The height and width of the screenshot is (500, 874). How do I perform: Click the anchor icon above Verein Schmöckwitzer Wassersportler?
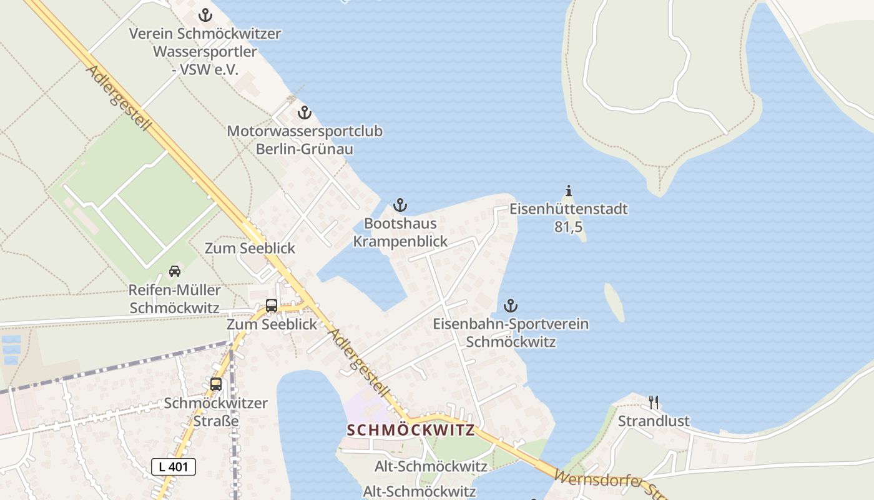coord(205,15)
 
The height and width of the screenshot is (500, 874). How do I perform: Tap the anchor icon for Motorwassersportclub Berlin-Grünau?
coord(304,113)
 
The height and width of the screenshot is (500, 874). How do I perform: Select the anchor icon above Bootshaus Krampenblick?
coord(400,205)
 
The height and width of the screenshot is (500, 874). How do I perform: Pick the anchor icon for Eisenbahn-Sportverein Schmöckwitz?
coord(511,306)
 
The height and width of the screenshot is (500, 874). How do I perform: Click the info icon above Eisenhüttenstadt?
coord(568,191)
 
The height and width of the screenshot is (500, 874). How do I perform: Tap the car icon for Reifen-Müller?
coord(175,271)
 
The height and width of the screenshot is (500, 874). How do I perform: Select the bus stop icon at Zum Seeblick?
coord(272,306)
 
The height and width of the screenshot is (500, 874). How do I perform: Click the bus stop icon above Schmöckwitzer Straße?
coord(216,384)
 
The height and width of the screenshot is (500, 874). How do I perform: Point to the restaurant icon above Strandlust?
coord(654,402)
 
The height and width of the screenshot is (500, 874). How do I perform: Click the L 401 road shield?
coord(174,466)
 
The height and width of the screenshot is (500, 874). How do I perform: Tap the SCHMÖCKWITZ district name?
coord(410,430)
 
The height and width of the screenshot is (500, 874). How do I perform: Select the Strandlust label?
coord(654,421)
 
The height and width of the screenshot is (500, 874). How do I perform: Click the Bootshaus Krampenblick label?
coord(400,232)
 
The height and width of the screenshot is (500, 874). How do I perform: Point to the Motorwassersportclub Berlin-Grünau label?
coord(305,140)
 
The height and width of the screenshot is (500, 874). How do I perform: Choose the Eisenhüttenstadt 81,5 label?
coord(568,217)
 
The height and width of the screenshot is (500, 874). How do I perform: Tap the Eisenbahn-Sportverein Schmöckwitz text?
coord(511,332)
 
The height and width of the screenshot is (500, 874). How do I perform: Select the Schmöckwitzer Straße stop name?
coord(216,411)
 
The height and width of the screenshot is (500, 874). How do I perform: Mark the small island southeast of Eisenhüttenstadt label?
coord(614,302)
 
